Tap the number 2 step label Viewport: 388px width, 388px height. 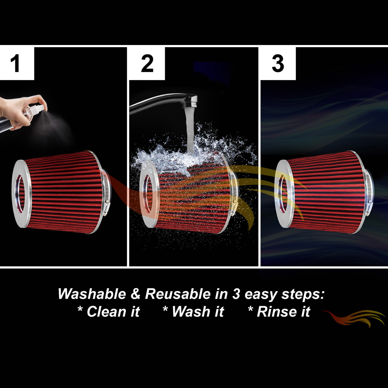(147, 63)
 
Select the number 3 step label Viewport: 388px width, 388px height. (278, 63)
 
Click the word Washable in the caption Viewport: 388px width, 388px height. (92, 294)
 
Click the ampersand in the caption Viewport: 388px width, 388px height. (135, 294)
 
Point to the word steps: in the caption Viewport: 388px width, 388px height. (303, 294)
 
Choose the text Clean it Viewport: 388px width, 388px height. (113, 311)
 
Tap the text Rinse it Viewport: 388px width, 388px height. (283, 311)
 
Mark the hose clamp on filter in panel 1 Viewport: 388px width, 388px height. (106, 191)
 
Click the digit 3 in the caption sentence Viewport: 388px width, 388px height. (236, 294)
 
